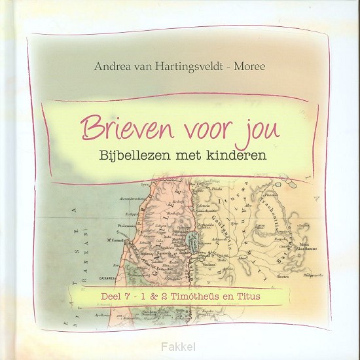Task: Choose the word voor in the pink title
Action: [x=203, y=128]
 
